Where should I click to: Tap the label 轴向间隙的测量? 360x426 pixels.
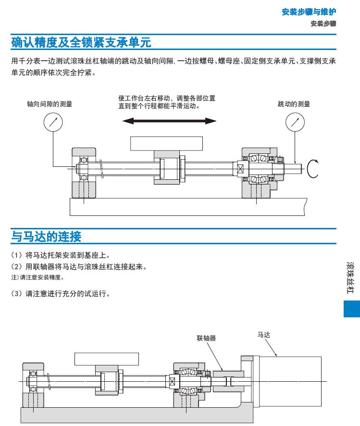[50, 103]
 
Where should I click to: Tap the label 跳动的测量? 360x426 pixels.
[294, 103]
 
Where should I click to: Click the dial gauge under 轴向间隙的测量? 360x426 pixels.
[53, 122]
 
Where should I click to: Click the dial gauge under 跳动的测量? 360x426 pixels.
[295, 122]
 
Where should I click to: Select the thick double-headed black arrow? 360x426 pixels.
[168, 120]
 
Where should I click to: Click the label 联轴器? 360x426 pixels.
[206, 338]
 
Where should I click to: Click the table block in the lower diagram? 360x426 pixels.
[106, 359]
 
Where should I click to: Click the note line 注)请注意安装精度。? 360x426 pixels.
[37, 277]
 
